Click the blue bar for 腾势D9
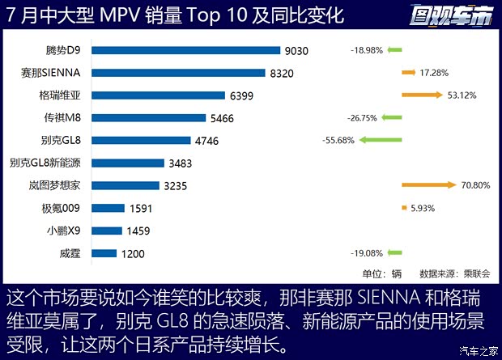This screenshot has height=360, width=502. click(186, 50)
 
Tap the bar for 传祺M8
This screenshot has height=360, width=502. click(149, 118)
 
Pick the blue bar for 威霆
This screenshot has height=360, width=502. click(104, 253)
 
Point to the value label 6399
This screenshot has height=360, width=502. click(241, 95)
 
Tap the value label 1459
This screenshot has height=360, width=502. click(139, 231)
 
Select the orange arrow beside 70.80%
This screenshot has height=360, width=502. click(429, 185)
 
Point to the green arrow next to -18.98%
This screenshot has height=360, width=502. click(394, 50)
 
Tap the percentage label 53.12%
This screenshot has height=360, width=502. click(462, 95)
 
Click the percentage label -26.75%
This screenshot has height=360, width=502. click(364, 117)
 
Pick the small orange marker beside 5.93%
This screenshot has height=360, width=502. click(404, 208)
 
